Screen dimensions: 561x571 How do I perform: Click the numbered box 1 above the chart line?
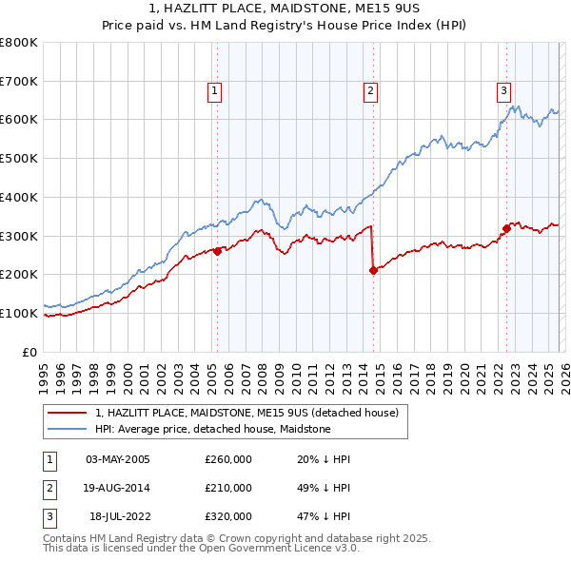click(x=214, y=91)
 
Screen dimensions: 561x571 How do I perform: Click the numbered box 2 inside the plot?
click(x=369, y=91)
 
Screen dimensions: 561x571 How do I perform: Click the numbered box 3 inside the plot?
click(x=502, y=91)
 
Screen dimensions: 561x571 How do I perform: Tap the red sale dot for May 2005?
click(x=217, y=251)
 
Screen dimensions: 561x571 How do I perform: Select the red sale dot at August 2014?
click(x=373, y=270)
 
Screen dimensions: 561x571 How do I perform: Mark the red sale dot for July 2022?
click(x=506, y=227)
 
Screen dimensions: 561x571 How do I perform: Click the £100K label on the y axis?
click(x=19, y=313)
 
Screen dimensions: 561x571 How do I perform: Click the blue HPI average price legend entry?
click(x=212, y=429)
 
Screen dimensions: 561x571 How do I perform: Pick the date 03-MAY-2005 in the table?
click(x=118, y=459)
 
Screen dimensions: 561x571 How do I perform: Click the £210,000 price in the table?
click(x=228, y=488)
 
